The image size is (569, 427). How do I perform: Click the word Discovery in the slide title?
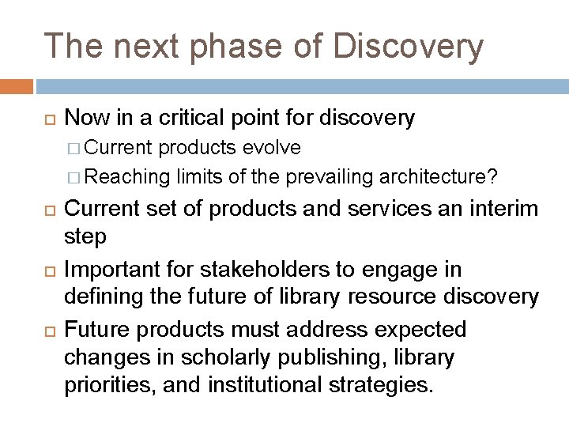408,46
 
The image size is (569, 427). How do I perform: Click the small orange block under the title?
17,85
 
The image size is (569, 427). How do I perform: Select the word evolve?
272,148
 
